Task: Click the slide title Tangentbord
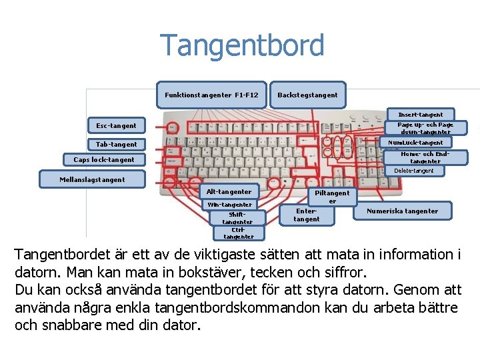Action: click(243, 46)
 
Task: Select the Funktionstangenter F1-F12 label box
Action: click(212, 95)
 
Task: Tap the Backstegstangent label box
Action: click(307, 95)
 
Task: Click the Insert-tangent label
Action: click(420, 115)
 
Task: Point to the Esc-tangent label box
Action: click(116, 125)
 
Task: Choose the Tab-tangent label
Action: click(116, 144)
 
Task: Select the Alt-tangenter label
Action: click(229, 192)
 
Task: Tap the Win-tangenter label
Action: click(229, 204)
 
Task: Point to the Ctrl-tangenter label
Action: click(239, 233)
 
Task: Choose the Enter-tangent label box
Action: click(307, 214)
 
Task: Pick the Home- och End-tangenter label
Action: click(425, 157)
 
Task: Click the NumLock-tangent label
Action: click(419, 143)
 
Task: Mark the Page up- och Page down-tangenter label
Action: click(425, 128)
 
